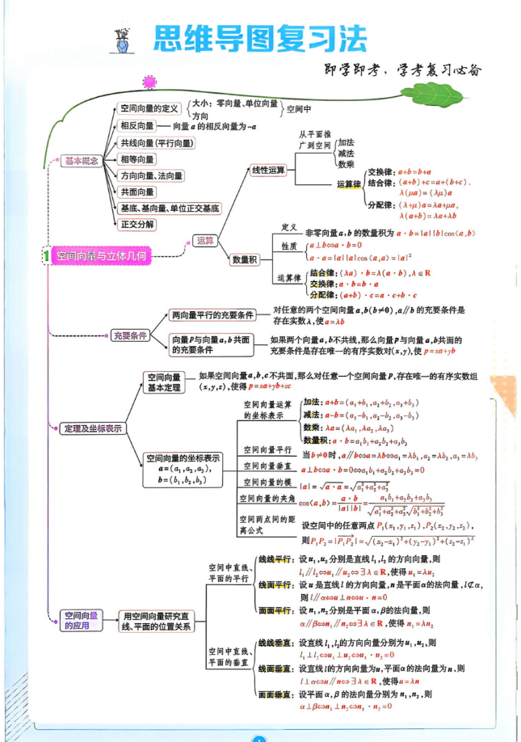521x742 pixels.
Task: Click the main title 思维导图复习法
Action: [x=259, y=38]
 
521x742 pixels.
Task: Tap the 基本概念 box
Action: [x=81, y=161]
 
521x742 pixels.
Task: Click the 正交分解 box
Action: [x=137, y=223]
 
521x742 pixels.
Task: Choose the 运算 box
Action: [x=204, y=240]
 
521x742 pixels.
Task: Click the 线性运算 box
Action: [x=269, y=171]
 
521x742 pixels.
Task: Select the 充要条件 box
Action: [x=129, y=335]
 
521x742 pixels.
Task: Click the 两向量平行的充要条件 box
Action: [x=213, y=314]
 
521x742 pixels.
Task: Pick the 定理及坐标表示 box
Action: [x=92, y=428]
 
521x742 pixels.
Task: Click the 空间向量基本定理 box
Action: [x=163, y=382]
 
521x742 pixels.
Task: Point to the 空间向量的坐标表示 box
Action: [x=183, y=469]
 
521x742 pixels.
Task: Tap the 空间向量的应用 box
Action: [x=81, y=619]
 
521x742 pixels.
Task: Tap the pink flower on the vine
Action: [x=149, y=82]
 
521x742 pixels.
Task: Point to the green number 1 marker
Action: [x=47, y=256]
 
